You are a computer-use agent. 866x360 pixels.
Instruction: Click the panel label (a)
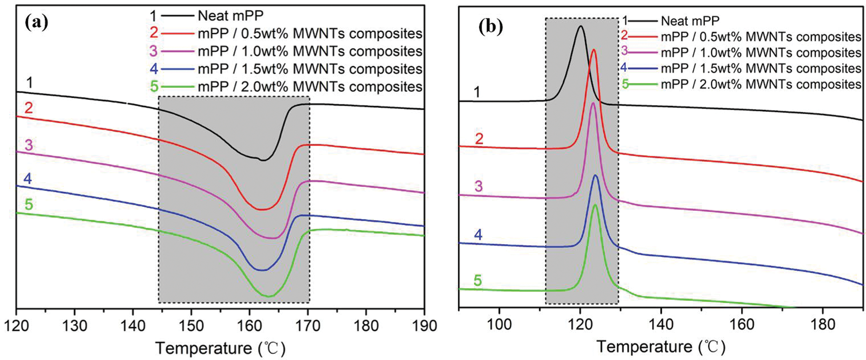coord(36,23)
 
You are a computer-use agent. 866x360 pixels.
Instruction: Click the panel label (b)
coord(491,27)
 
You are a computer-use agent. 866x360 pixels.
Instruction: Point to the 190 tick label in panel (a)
coord(424,326)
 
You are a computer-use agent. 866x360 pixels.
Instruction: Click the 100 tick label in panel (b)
coord(499,324)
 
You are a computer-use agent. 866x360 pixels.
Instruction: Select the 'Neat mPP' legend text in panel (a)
coord(230,16)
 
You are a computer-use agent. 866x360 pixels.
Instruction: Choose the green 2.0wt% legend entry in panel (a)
coord(310,86)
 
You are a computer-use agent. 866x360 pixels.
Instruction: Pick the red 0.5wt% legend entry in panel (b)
coord(761,37)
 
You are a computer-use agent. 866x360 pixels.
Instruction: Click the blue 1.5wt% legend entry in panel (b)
coord(761,68)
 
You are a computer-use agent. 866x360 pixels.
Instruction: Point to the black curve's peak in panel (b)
coord(580,26)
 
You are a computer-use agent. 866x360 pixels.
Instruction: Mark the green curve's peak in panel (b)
coord(595,205)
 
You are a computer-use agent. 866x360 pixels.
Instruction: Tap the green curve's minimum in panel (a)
coord(269,296)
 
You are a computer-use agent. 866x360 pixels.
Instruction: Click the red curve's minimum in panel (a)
coord(262,210)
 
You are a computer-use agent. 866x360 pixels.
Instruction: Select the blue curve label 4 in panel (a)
coord(28,179)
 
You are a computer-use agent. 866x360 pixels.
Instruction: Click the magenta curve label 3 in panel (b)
coord(478,186)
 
